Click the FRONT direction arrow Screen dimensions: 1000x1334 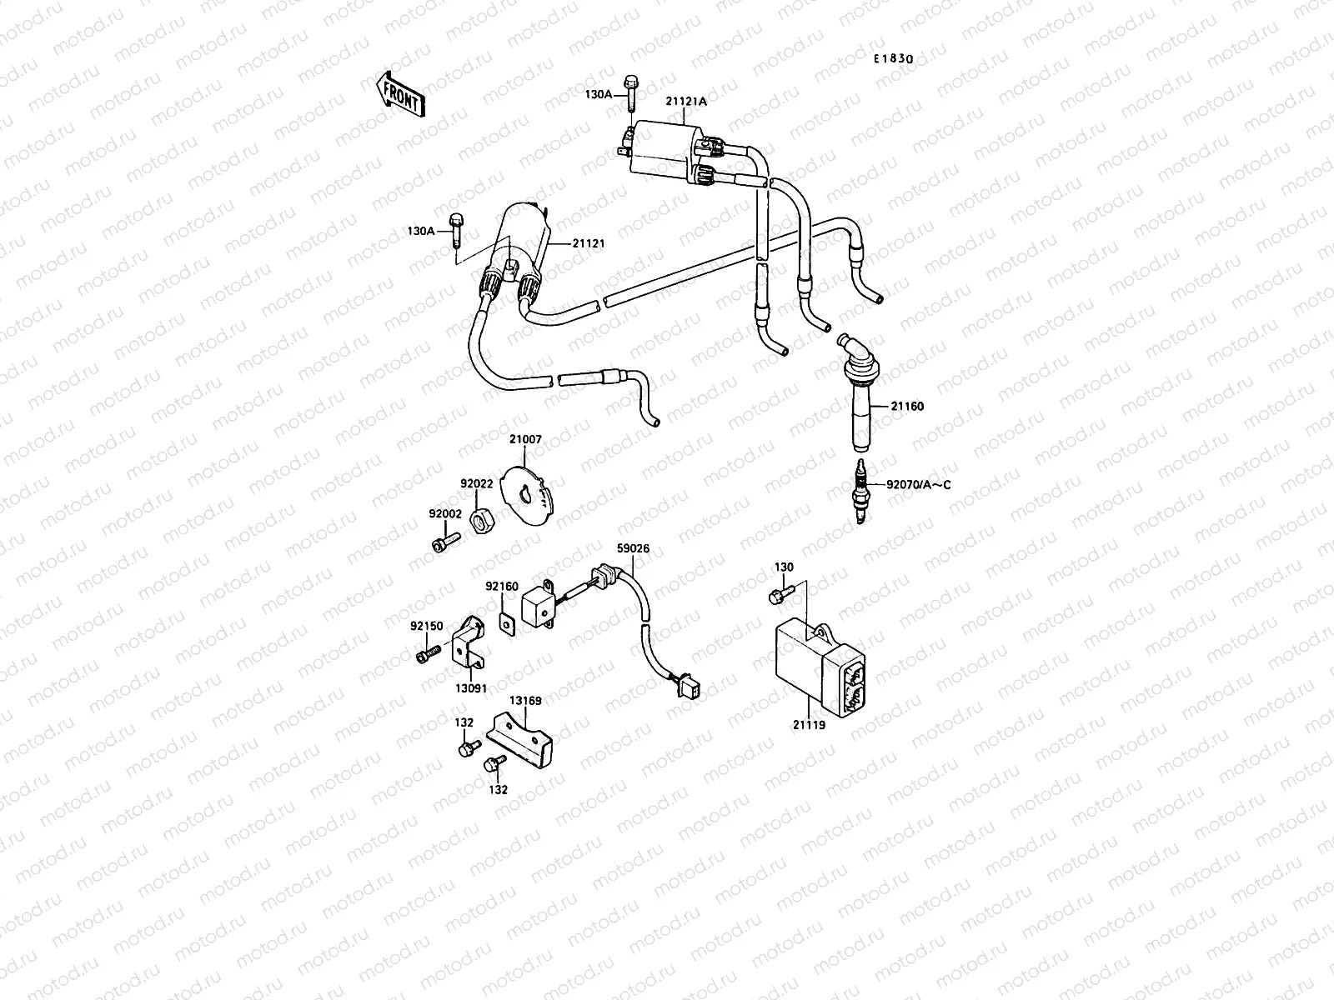click(x=401, y=93)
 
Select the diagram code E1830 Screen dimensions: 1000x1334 click(x=894, y=59)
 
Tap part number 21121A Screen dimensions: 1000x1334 click(x=685, y=102)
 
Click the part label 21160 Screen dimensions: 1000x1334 click(x=907, y=407)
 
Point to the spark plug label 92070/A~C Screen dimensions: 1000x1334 click(x=917, y=484)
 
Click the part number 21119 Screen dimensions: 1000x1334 click(x=808, y=726)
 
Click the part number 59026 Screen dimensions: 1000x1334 click(x=633, y=548)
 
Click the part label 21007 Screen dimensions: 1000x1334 click(x=525, y=438)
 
